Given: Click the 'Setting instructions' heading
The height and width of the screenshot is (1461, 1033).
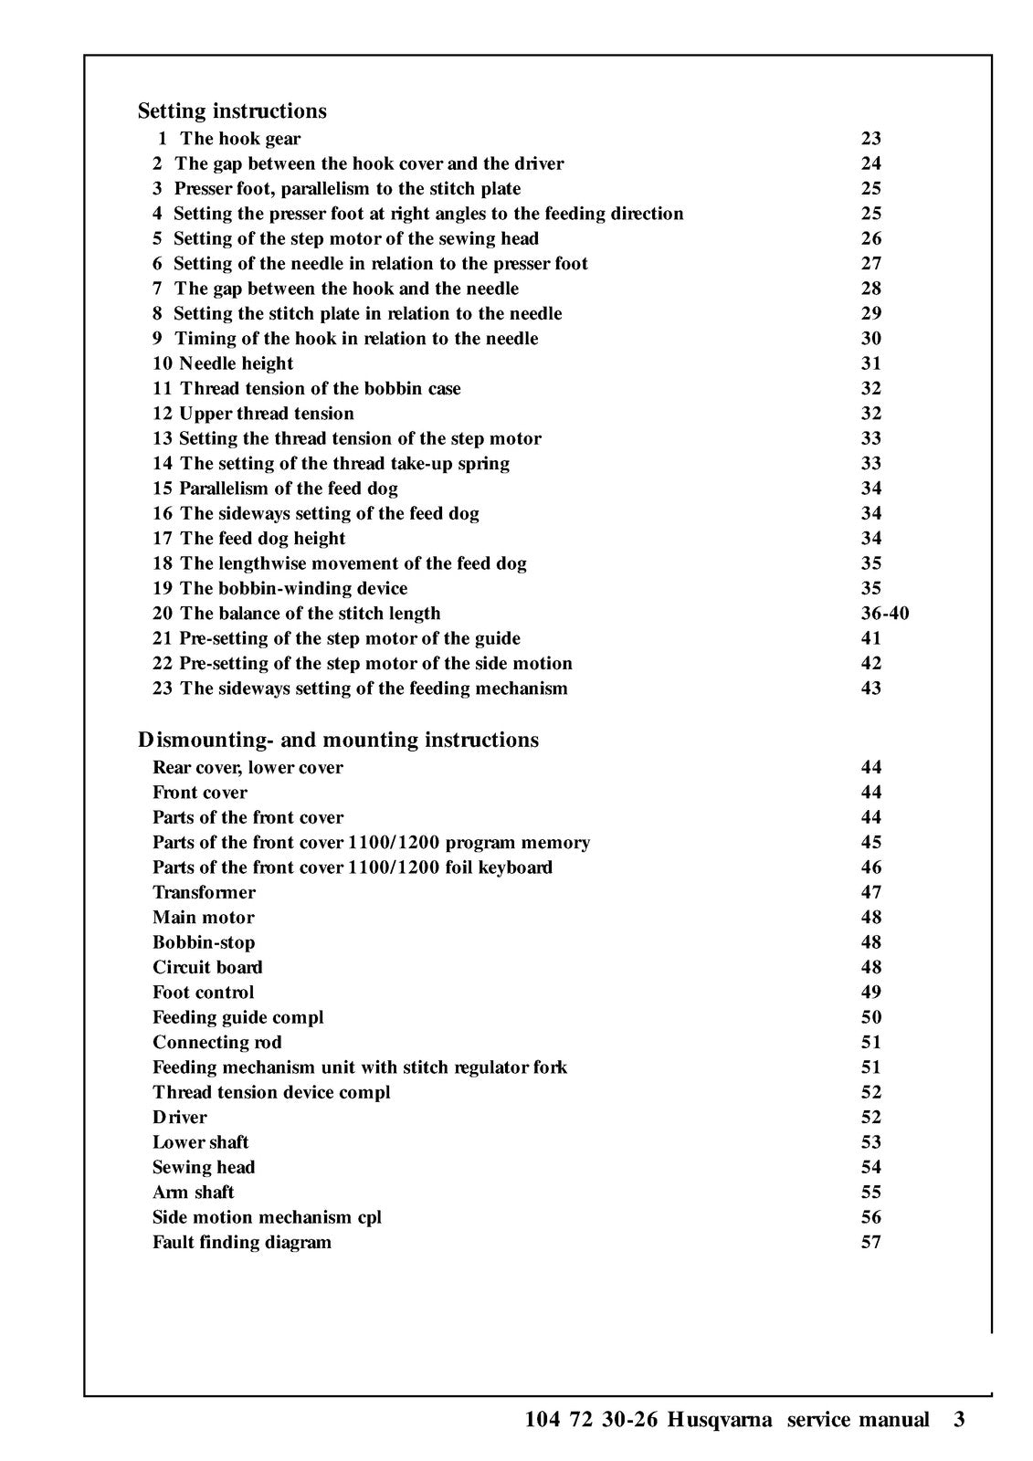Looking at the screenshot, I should tap(232, 110).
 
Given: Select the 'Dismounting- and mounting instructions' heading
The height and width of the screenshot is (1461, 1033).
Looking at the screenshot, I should tap(338, 739).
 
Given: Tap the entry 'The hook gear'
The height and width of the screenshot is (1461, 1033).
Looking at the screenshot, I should tap(240, 139).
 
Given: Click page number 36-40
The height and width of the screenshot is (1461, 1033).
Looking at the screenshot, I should tap(884, 613).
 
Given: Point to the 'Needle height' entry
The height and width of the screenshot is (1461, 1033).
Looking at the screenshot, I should tap(236, 363).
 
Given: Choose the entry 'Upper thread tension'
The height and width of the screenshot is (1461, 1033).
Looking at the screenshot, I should tap(266, 414).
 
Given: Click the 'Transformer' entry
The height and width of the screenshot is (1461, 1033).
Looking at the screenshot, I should tap(204, 892).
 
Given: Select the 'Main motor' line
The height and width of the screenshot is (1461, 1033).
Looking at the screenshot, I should tap(203, 917).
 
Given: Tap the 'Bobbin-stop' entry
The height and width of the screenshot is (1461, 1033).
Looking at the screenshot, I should tap(204, 942).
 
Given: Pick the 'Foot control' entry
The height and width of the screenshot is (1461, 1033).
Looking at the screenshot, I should tap(203, 992).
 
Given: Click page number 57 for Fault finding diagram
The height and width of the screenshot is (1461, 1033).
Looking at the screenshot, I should tap(870, 1242).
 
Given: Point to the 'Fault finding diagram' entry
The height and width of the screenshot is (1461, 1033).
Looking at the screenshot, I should tap(242, 1242).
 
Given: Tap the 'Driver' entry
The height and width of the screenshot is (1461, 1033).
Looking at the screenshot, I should tap(180, 1117).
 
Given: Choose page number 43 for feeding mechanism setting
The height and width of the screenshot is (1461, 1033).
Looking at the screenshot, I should tap(870, 688).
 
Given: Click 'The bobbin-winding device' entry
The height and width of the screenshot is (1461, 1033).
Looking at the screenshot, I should tap(293, 588).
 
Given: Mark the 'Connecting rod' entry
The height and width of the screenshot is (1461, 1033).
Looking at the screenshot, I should tap(216, 1042).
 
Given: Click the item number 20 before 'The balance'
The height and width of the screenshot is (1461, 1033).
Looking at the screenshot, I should tap(163, 613).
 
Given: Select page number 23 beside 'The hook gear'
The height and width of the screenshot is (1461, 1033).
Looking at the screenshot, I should tap(870, 139).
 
